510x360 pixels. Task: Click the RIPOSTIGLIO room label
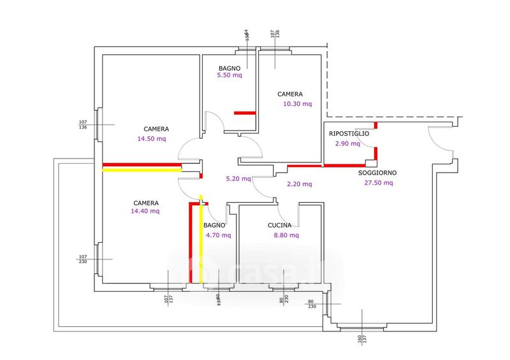[349, 134]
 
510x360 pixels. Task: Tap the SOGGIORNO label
[377, 173]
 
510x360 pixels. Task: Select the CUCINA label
[280, 226]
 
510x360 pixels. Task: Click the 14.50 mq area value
[152, 138]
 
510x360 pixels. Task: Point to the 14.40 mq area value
[145, 211]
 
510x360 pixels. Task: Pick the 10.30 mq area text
[298, 104]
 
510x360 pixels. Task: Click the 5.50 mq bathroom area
[229, 75]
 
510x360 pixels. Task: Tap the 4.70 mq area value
[217, 235]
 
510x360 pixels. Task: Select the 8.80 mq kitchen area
[285, 235]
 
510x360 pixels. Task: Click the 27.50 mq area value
[379, 183]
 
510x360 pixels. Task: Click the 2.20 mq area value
[298, 184]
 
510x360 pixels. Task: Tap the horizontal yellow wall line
[142, 170]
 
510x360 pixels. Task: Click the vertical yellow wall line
[201, 242]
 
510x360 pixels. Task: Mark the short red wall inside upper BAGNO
[245, 113]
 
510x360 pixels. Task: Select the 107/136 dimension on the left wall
[83, 125]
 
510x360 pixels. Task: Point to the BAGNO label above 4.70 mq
[214, 226]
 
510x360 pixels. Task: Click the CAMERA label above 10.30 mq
[290, 94]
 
